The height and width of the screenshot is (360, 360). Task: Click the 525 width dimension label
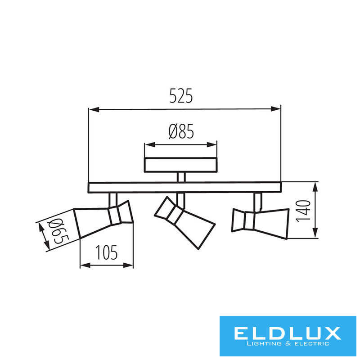tap(181, 95)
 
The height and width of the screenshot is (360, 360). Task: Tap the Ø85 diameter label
tap(181, 131)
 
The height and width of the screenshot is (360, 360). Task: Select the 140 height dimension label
tap(303, 211)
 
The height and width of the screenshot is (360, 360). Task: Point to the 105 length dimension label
tap(106, 252)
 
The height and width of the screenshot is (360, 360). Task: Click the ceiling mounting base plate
tap(181, 165)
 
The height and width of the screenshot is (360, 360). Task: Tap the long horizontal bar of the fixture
tap(184, 187)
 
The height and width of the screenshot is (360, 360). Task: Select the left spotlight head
tap(103, 219)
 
